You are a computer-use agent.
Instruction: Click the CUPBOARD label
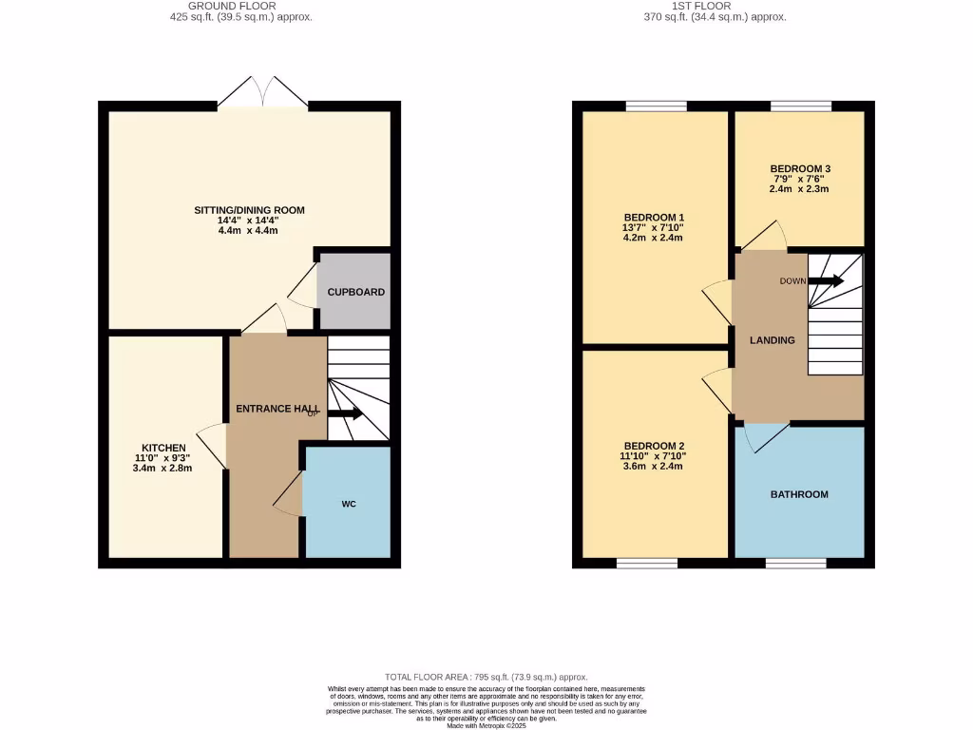(x=353, y=292)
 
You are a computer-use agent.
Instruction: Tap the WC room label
(x=349, y=504)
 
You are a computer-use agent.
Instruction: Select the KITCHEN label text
(x=163, y=448)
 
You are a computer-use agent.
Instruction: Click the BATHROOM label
(x=799, y=494)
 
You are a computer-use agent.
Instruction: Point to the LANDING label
(x=772, y=340)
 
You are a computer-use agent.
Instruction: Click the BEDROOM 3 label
(x=799, y=168)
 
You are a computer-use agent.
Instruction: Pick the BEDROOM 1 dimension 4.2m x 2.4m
(x=653, y=238)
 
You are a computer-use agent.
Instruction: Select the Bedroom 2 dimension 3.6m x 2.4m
(x=653, y=466)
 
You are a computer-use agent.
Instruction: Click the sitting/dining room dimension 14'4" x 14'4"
(x=250, y=221)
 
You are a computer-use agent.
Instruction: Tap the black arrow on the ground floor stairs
(x=345, y=413)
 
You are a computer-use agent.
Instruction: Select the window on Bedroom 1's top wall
(x=655, y=106)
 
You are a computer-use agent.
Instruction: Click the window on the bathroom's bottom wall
(x=796, y=564)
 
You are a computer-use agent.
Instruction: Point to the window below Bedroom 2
(x=647, y=564)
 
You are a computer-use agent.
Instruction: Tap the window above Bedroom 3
(x=800, y=106)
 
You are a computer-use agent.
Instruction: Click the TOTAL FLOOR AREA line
(x=486, y=676)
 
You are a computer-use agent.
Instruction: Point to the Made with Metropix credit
(x=486, y=726)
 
